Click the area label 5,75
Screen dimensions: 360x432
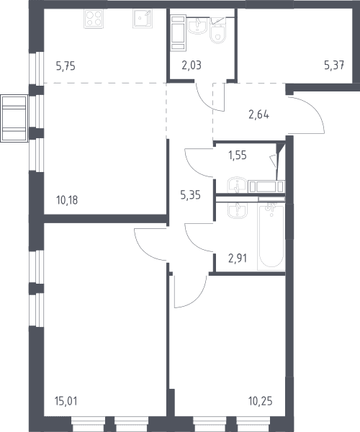click(66, 66)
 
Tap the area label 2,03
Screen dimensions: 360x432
click(192, 66)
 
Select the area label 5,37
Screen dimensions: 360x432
click(334, 66)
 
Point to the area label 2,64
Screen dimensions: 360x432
click(258, 114)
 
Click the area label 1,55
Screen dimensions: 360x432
click(238, 156)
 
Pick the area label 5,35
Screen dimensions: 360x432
click(190, 195)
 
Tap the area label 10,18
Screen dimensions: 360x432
click(67, 200)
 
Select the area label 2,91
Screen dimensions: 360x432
click(238, 258)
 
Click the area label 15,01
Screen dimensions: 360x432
click(66, 401)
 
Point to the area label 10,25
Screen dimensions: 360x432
click(261, 401)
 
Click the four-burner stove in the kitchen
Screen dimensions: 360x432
click(94, 19)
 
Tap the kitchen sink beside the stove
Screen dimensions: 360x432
click(143, 19)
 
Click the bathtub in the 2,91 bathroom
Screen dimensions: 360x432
click(271, 236)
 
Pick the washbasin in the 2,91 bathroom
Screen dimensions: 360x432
click(238, 210)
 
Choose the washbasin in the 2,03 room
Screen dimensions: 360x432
click(197, 25)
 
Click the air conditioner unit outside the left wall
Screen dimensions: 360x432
click(14, 118)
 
